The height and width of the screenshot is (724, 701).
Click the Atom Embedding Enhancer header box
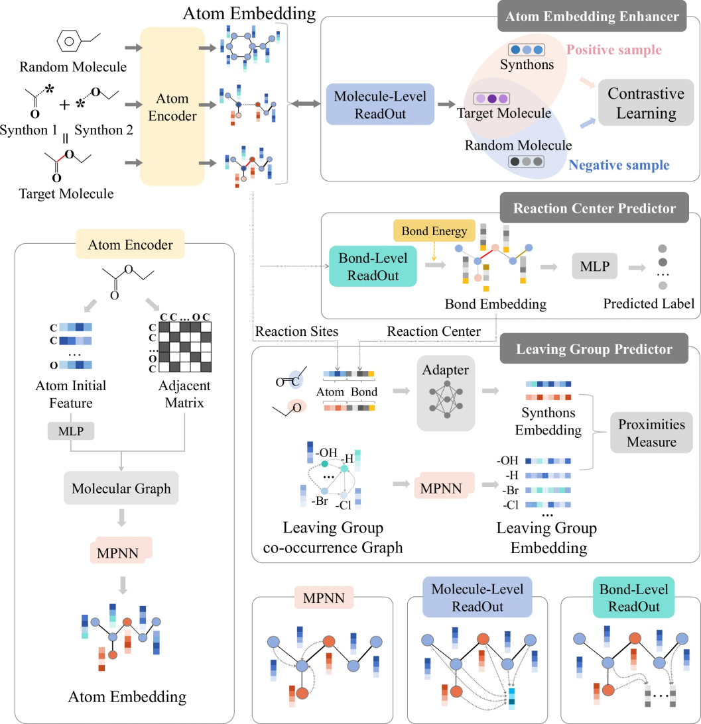(592, 17)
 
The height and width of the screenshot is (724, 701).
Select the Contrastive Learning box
(646, 103)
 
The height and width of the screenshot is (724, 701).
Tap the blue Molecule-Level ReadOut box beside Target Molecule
(380, 105)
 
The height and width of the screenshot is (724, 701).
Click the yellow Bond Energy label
(434, 231)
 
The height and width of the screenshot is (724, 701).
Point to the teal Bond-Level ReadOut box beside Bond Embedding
(373, 266)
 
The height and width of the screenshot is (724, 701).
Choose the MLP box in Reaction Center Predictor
(595, 266)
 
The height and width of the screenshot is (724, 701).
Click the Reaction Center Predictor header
(594, 208)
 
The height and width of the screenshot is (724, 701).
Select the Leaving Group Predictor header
(594, 348)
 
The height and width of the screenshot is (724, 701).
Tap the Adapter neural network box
(446, 393)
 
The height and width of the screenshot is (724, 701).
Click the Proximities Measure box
(651, 433)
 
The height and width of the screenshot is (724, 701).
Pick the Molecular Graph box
(121, 488)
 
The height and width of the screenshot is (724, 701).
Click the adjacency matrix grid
(185, 346)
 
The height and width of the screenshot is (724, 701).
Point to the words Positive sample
(614, 50)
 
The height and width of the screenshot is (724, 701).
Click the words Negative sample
(619, 165)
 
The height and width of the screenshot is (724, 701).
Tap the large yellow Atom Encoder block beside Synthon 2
(172, 106)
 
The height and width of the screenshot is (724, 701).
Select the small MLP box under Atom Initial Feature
(71, 431)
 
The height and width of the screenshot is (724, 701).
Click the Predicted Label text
(649, 303)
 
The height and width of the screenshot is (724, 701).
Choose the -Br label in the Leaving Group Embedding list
(511, 490)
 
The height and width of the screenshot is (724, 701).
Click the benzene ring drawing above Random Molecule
(69, 41)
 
